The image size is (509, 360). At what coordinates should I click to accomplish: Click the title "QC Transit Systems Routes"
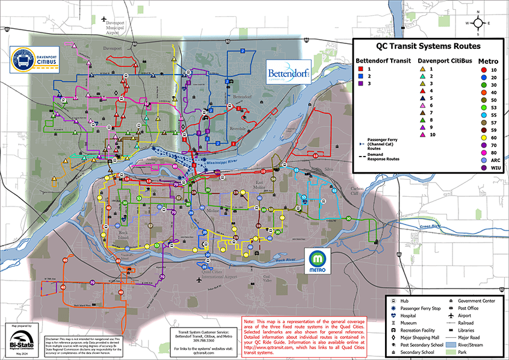coord(428,46)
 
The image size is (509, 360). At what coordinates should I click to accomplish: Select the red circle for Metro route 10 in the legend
coord(485,70)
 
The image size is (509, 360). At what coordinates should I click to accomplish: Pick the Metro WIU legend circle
coord(485,168)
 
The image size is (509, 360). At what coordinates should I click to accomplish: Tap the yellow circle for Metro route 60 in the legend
coord(485,137)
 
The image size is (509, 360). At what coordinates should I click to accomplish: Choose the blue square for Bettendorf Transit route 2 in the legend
coord(360,77)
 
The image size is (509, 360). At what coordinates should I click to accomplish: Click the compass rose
coord(478,23)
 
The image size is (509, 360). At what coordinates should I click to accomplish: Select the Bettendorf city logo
coord(288,72)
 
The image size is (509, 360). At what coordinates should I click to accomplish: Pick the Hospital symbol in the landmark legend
coord(392,315)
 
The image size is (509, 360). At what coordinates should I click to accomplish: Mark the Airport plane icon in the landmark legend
coord(451,315)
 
